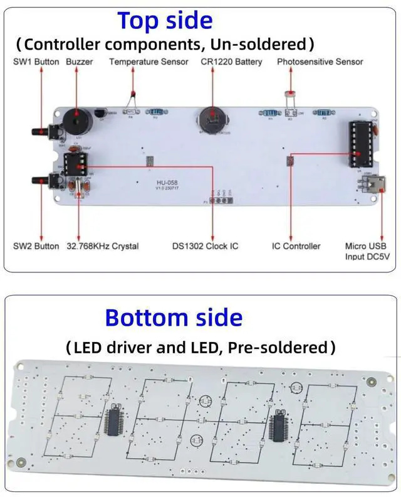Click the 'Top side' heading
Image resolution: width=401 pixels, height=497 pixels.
[165, 21]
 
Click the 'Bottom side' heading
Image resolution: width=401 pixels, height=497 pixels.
[174, 318]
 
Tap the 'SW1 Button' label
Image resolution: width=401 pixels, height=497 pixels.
[37, 62]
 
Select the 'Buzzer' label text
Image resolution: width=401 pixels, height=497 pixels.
[80, 62]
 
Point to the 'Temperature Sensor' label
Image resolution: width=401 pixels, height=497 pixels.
[148, 62]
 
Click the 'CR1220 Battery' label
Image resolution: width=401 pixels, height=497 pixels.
[231, 62]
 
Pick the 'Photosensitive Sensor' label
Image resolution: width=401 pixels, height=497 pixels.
[320, 62]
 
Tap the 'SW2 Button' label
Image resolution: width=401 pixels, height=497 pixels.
[37, 246]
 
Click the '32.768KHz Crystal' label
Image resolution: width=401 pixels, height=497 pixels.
[102, 246]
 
